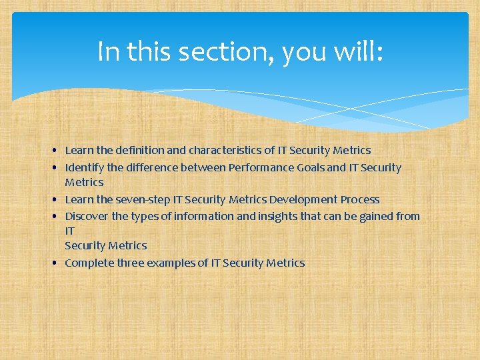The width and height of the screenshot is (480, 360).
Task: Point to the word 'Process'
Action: point(360,199)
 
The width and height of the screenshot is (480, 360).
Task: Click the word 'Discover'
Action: point(85,216)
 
